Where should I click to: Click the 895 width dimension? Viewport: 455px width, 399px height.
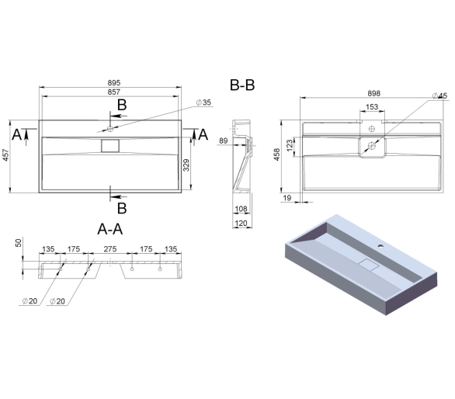coord(113,83)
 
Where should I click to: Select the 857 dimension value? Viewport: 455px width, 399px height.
coord(113,92)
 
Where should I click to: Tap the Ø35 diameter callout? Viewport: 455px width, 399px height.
coord(203,102)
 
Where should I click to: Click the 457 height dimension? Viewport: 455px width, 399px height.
coord(6,155)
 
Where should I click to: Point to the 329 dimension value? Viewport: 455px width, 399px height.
coord(186,165)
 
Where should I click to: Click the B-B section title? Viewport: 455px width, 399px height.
coord(242,85)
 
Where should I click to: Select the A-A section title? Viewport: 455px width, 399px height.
coord(110,229)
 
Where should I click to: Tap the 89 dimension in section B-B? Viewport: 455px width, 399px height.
coord(223,141)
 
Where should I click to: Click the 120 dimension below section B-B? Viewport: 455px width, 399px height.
coord(241,224)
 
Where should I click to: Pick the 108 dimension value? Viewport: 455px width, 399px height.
coord(241,209)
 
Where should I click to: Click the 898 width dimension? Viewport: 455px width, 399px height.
coord(373,93)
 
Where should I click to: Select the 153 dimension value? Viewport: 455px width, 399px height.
coord(372,107)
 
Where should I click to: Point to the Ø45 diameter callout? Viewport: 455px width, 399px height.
coord(440,95)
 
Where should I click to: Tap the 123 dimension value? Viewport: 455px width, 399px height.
coord(290,146)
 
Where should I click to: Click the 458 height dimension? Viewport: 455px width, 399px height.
coord(277,154)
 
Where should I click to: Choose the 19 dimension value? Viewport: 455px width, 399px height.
coord(287,198)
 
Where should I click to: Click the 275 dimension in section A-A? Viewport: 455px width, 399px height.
coord(110,249)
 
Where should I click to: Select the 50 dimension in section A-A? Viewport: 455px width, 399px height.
coord(19,243)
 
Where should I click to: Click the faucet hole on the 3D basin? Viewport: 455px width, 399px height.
coord(380,247)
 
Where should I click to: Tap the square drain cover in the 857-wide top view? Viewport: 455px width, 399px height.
coord(110,146)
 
